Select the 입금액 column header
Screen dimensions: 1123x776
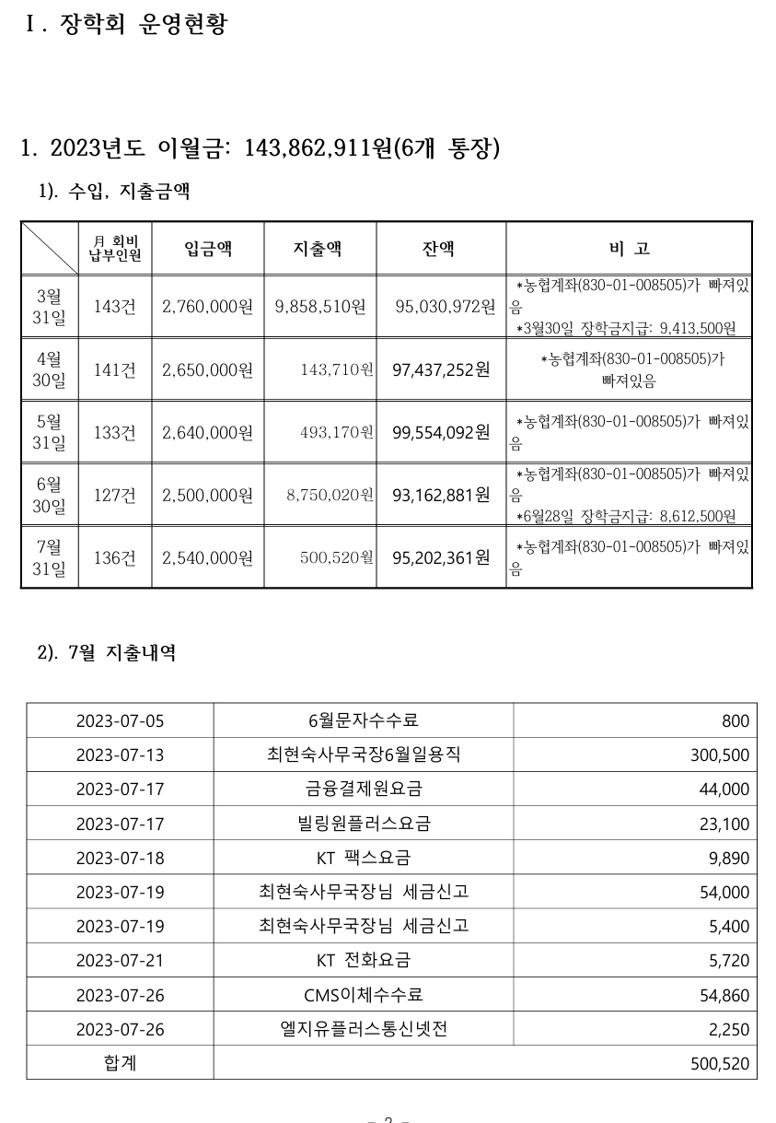208,248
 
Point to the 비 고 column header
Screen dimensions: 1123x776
629,248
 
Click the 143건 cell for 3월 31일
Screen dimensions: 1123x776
115,307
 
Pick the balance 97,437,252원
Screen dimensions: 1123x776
441,369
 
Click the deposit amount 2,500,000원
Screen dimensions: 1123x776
207,495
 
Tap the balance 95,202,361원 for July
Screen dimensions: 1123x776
441,557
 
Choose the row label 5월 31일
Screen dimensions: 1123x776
50,432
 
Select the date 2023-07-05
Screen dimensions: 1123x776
120,720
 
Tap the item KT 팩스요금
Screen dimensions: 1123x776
364,858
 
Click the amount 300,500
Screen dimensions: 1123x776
720,755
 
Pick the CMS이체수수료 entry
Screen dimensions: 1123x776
364,995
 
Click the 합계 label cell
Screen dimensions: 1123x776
120,1063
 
